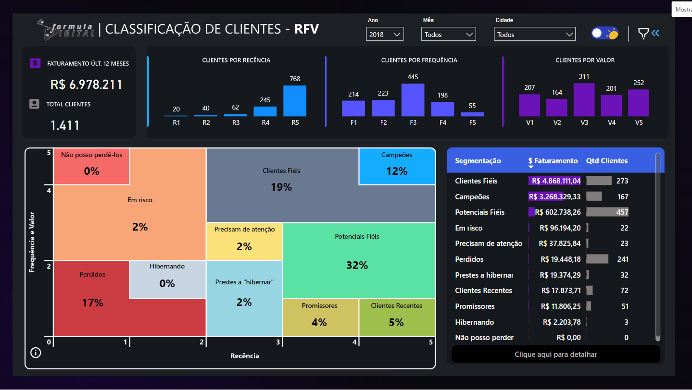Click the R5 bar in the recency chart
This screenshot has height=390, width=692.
tap(294, 101)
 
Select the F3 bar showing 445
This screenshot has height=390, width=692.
tap(413, 100)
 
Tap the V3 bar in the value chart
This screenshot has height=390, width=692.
tap(584, 100)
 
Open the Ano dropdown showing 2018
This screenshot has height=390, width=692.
tap(384, 35)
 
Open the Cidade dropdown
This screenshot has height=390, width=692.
tap(534, 35)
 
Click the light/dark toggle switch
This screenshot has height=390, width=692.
tap(604, 33)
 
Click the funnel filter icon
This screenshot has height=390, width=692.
tap(643, 33)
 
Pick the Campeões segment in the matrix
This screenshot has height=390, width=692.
tap(397, 166)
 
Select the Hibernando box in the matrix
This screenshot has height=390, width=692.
tap(167, 279)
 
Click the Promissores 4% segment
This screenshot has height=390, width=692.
tap(320, 317)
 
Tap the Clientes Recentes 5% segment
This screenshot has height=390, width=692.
tap(397, 317)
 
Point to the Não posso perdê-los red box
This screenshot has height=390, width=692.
tap(91, 166)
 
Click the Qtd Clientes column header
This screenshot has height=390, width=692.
tap(606, 161)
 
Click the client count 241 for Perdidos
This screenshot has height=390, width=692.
tap(623, 259)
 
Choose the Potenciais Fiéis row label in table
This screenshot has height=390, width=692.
tap(479, 212)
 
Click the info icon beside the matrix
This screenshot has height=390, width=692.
tap(36, 353)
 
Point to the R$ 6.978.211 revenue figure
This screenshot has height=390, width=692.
tap(86, 85)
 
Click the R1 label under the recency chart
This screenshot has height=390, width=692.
tap(176, 122)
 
